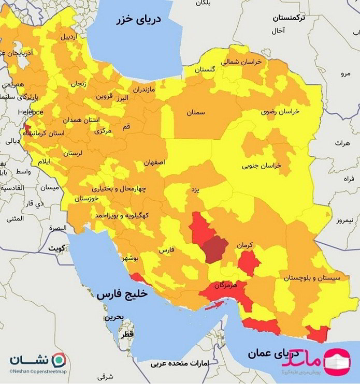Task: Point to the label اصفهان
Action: click(154, 162)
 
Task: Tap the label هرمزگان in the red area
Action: click(223, 286)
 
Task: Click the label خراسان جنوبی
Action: click(261, 166)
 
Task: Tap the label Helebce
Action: click(31, 112)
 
